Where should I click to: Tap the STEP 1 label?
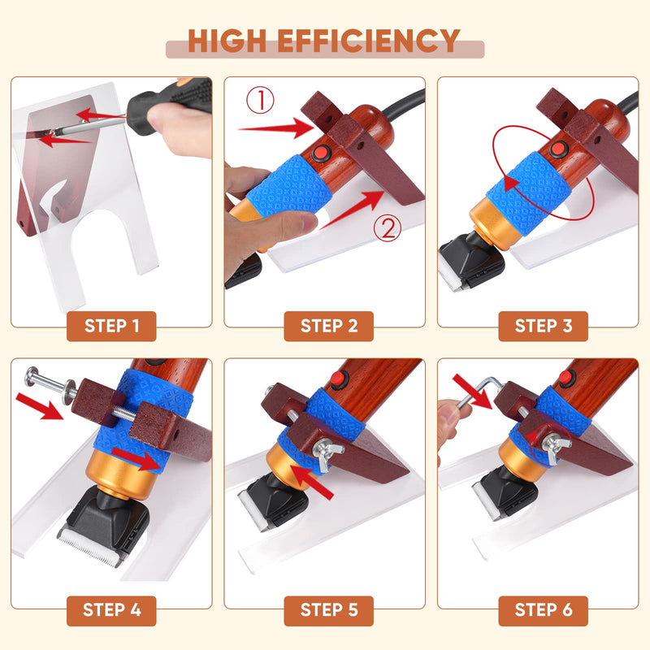pos(111,326)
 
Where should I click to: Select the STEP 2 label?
pos(328,326)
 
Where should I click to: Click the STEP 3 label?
pos(543,326)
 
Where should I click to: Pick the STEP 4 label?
pos(111,609)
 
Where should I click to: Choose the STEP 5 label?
pos(328,609)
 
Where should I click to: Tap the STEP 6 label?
pos(543,609)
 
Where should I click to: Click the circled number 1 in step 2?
pos(261,101)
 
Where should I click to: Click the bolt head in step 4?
pos(32,377)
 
